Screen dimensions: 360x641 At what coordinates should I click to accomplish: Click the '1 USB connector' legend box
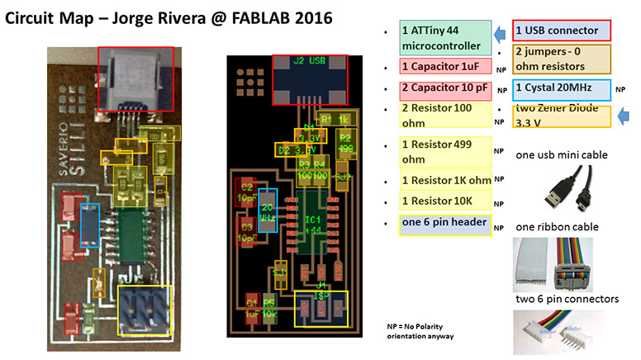click(x=561, y=31)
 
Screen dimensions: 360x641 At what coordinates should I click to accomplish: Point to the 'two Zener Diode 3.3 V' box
click(x=561, y=116)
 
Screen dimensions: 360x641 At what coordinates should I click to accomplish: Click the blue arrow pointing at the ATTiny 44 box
click(x=500, y=32)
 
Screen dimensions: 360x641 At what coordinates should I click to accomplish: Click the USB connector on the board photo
click(x=136, y=77)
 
